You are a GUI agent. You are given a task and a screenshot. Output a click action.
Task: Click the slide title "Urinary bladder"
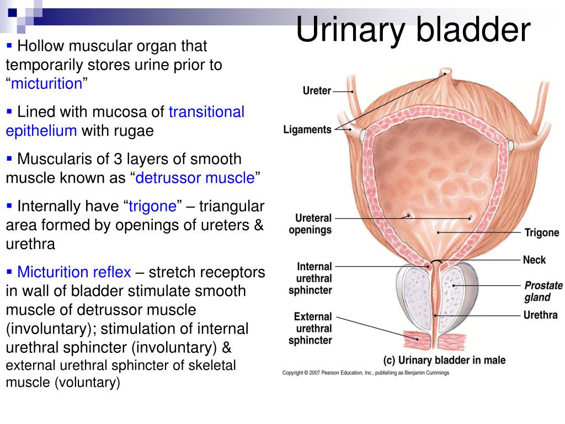413,30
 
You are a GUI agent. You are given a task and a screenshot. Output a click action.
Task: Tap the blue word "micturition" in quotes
47,84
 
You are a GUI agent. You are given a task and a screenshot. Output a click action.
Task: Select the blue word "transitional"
206,112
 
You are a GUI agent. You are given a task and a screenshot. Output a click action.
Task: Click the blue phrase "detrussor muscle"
195,178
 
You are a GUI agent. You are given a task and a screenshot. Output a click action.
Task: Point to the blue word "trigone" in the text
152,206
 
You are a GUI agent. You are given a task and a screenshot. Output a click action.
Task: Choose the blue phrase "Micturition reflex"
74,272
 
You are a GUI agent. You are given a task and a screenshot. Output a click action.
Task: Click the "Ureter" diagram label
317,91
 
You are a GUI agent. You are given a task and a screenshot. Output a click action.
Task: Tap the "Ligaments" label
307,130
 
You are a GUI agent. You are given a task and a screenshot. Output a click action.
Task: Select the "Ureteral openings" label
310,224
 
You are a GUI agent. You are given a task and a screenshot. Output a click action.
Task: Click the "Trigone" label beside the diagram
542,233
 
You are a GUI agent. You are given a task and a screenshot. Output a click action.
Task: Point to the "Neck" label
534,260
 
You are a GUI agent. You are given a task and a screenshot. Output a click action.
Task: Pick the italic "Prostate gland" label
543,291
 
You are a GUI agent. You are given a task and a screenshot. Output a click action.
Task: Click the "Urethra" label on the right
540,315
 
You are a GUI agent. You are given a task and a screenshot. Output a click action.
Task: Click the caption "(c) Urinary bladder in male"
444,360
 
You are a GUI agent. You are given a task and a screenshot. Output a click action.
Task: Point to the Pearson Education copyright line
365,373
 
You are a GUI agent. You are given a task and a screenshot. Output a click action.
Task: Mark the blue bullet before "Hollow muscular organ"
9,45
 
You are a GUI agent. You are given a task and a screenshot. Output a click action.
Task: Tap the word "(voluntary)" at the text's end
88,383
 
